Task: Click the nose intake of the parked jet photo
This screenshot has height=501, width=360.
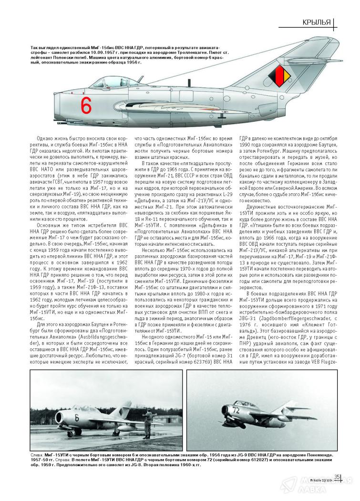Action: pyautogui.click(x=47, y=420)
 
